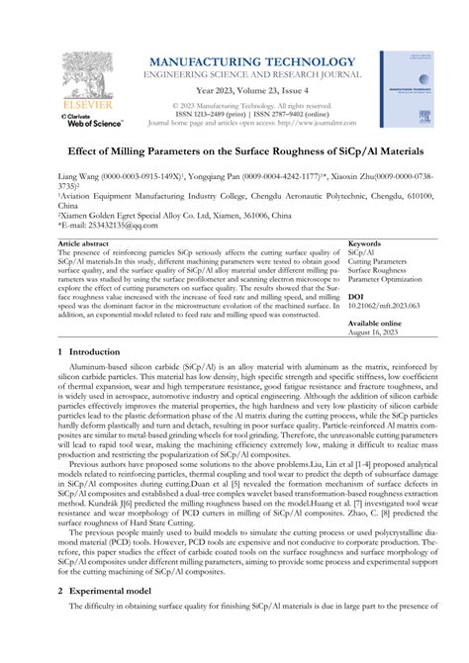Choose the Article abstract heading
click(84, 242)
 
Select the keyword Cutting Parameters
click(380, 262)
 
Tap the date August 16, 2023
click(375, 331)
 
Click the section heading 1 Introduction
click(94, 352)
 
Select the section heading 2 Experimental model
click(111, 616)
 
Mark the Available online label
click(376, 323)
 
